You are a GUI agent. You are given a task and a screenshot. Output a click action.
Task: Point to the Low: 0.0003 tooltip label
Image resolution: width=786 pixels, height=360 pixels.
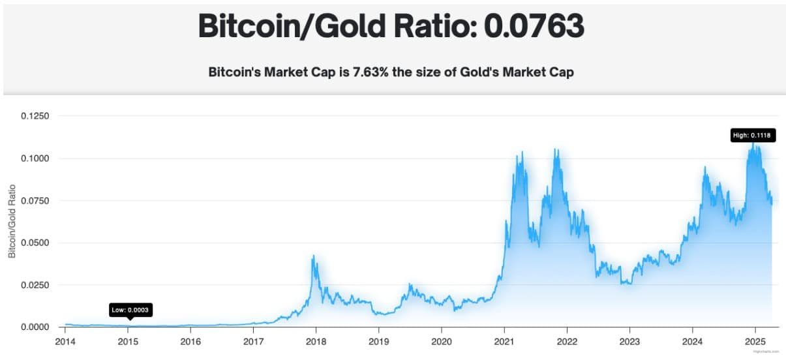(x=131, y=310)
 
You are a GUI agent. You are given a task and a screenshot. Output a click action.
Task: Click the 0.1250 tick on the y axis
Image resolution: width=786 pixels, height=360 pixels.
(x=35, y=116)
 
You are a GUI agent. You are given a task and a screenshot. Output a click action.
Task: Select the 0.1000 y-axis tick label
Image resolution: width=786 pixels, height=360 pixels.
(x=35, y=158)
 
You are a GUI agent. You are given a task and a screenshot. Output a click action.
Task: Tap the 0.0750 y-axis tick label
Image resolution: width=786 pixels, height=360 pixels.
(x=35, y=201)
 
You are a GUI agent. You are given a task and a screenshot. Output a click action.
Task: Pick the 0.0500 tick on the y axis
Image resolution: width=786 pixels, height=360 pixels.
(x=35, y=243)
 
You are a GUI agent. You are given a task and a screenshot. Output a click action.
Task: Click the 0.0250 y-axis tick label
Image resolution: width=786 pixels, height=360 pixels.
(x=35, y=285)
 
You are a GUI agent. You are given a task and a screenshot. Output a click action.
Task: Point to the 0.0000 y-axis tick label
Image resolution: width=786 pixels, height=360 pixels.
(x=35, y=327)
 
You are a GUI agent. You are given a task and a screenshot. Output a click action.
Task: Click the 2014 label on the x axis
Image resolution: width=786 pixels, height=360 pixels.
(x=65, y=341)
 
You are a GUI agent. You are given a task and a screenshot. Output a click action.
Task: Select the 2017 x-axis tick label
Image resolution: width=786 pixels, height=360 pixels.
(x=253, y=341)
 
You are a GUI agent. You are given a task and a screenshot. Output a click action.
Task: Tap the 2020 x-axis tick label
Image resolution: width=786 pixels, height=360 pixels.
(x=442, y=341)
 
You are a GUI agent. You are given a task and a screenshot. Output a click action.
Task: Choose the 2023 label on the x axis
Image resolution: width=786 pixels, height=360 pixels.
(x=629, y=341)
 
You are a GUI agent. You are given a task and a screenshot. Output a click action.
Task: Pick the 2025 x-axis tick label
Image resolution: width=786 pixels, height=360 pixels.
(x=755, y=341)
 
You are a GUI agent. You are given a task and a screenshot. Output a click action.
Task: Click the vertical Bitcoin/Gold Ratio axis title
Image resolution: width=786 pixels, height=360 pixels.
(x=12, y=222)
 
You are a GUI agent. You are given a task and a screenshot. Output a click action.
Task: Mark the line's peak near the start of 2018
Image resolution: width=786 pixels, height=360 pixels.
(x=314, y=256)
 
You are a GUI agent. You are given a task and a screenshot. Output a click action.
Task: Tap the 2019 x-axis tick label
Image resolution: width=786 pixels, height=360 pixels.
(x=379, y=341)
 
